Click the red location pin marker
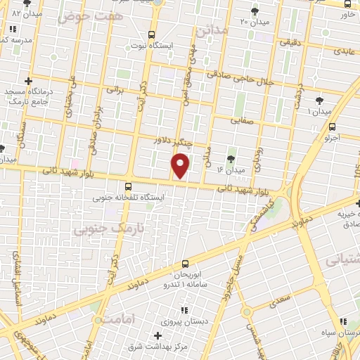coord(181,166)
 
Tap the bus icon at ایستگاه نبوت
coord(151,35)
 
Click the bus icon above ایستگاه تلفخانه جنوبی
coord(128,187)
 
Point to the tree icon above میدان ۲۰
coord(254,11)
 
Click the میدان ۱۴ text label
coord(231,170)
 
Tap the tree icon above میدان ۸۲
coord(27,3)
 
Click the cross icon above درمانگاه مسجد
coord(28,82)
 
